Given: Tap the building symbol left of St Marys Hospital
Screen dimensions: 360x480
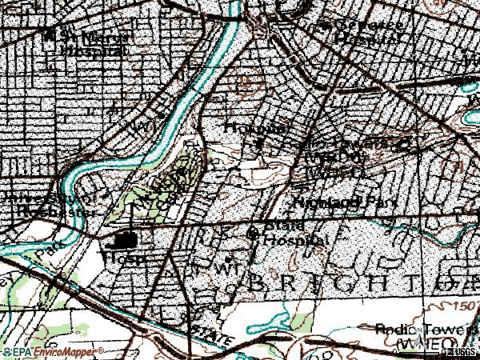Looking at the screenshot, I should (49, 35).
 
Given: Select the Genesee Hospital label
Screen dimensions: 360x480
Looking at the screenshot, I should (366, 31).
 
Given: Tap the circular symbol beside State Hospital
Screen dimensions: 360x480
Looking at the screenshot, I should (254, 234).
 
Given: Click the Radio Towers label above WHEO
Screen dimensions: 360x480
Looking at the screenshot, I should (424, 330).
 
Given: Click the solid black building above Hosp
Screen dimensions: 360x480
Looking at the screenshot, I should (125, 239).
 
